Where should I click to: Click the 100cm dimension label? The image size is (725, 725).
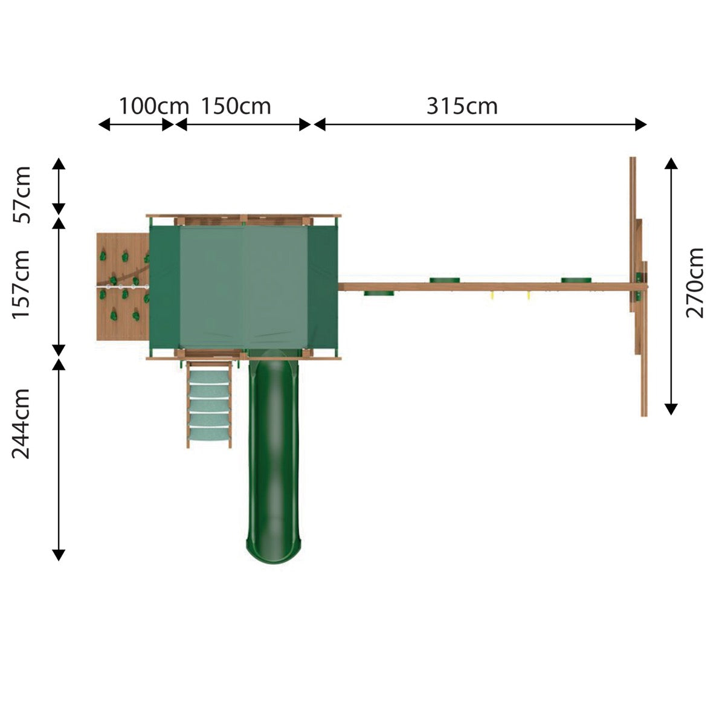[154, 106]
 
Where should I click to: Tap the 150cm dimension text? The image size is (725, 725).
[236, 106]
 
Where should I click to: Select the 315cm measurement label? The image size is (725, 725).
[462, 106]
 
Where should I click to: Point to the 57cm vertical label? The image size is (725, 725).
[21, 195]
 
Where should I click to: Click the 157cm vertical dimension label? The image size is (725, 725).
[21, 285]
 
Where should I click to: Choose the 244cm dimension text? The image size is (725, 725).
[21, 424]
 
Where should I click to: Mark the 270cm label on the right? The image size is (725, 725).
[695, 283]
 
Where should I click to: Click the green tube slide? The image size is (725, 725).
[274, 456]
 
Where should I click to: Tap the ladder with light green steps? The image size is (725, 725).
[209, 404]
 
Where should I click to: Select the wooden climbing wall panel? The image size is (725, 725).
[123, 287]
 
